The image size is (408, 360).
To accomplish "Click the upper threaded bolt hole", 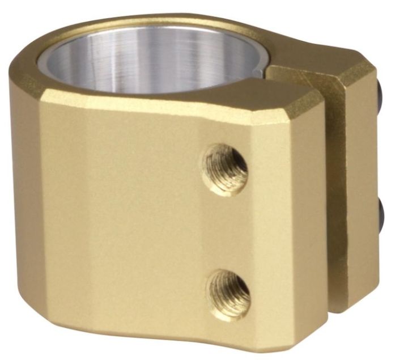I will [x=226, y=168].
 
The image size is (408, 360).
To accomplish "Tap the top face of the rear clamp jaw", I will [x=317, y=73].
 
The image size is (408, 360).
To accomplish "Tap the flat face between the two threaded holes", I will [x=227, y=232].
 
